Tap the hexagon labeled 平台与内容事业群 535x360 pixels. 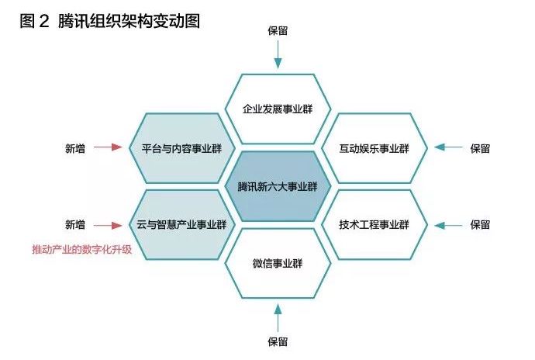180,147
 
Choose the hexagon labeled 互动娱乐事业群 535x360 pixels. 374,147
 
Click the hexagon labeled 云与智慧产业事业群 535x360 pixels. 180,224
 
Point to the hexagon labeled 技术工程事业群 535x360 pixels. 374,225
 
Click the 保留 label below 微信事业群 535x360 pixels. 278,341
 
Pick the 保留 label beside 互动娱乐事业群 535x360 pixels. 480,147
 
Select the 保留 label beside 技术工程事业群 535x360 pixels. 480,225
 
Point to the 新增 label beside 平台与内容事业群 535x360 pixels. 75,147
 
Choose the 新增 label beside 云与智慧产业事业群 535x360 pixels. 75,225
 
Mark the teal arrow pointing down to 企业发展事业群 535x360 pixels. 278,54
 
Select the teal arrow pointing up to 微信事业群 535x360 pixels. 278,317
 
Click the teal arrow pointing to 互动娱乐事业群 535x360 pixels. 446,147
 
